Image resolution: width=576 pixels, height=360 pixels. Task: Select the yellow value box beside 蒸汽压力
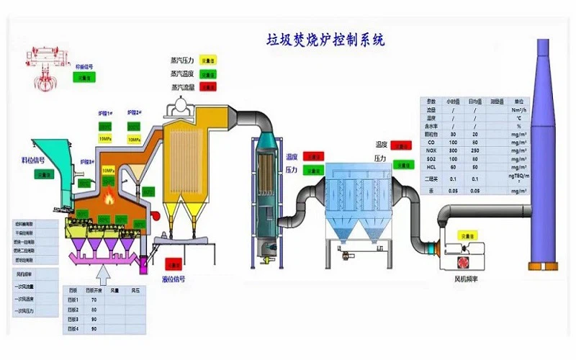(x=207, y=61)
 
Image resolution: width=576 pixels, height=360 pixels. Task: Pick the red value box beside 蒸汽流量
(x=207, y=87)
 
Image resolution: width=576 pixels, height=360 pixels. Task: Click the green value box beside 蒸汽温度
(x=207, y=74)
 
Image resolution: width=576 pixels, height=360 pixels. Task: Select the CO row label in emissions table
(x=431, y=142)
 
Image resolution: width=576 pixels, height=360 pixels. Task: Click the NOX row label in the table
(x=431, y=150)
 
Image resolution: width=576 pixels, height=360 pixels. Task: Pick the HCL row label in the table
(x=431, y=168)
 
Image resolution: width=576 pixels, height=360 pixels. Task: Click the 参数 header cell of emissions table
(x=431, y=102)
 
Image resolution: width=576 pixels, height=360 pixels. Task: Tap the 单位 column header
(x=516, y=102)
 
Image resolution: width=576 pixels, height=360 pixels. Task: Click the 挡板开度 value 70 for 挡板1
(x=94, y=300)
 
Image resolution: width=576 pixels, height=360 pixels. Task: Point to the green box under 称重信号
(x=84, y=78)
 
